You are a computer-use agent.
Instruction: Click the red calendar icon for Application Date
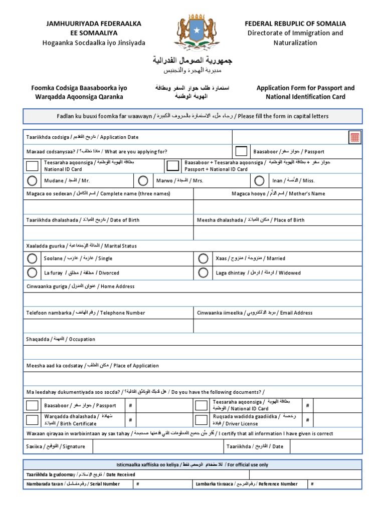tap(355, 137)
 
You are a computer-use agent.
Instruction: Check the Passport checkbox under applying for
tap(241, 151)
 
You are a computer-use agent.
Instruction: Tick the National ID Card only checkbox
tap(32, 166)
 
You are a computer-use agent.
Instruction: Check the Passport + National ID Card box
tap(173, 166)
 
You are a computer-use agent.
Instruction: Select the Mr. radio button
tap(32, 180)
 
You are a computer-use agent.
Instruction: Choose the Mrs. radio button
tap(143, 180)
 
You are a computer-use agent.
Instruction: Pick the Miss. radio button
tap(259, 180)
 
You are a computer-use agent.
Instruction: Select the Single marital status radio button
tap(32, 259)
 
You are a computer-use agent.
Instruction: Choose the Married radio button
tap(203, 259)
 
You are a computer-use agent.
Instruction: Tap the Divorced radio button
tap(32, 273)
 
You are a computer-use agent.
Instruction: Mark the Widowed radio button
tap(203, 273)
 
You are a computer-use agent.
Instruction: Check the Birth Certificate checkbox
tap(32, 420)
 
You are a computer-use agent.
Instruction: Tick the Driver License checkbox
tap(201, 420)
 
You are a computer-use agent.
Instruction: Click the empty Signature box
tap(158, 446)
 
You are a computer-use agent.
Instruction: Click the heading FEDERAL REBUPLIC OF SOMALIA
tap(295, 24)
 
